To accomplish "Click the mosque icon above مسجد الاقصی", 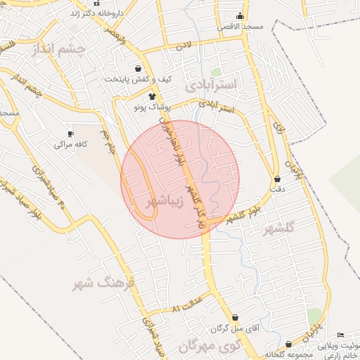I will [x=240, y=16].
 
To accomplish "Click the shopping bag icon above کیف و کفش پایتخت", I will [x=139, y=69].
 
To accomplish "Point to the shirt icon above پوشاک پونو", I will [x=151, y=96].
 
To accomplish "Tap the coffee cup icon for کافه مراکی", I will [x=70, y=134].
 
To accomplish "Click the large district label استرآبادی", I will [x=214, y=85].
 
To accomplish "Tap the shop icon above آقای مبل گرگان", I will [x=234, y=317].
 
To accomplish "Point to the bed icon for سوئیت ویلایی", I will [x=341, y=335].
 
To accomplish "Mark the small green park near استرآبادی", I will [x=217, y=71].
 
